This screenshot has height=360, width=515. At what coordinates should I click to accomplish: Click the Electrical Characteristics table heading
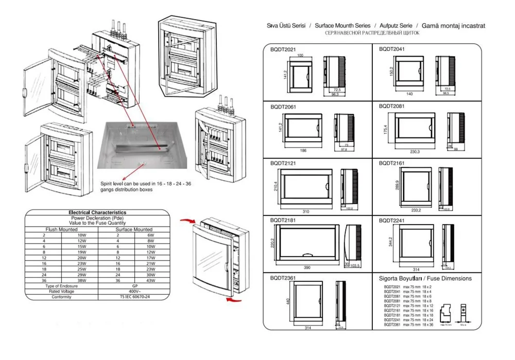tap(97, 212)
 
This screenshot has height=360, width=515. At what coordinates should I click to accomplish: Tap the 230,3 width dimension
tap(415, 151)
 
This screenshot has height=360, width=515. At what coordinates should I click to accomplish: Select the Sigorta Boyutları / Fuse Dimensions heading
tap(425, 279)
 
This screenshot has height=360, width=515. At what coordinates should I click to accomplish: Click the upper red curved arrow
tap(187, 221)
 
